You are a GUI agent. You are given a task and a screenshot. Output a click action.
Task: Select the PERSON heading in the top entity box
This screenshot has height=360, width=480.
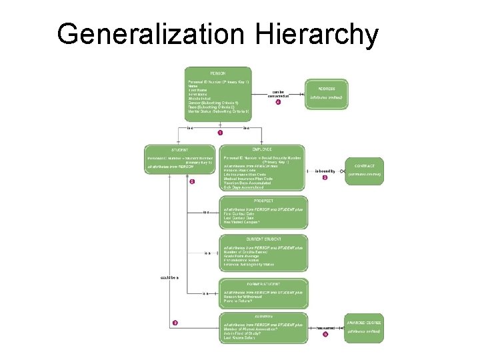[x=218, y=72]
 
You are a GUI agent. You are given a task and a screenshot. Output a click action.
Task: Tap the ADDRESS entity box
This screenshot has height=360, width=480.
[x=327, y=93]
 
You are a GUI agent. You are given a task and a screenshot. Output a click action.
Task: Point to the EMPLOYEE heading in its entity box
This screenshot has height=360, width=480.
[x=263, y=149]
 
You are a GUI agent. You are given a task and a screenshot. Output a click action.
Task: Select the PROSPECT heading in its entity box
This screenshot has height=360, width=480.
[x=263, y=201]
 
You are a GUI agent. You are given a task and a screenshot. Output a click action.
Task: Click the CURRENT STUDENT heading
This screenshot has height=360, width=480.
[x=263, y=239]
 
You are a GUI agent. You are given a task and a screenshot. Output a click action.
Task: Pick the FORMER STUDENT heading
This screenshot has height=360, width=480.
[x=263, y=284]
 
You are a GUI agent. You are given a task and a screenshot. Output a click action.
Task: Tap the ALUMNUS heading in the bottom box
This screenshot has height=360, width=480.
[x=263, y=317]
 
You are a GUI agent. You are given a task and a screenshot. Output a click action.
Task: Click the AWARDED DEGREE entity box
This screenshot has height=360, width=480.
[x=364, y=326]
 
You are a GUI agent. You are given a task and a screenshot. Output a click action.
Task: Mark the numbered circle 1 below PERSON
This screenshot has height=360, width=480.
[x=220, y=133]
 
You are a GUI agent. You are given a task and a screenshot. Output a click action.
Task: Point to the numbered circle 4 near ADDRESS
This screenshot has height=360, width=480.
[x=278, y=103]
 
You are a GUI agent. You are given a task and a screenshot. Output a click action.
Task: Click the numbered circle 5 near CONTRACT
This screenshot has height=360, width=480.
[x=325, y=178]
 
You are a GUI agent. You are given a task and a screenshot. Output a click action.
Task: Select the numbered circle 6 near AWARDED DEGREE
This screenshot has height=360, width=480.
[x=325, y=335]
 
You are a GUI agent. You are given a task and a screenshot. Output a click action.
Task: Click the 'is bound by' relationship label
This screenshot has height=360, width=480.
[x=325, y=171]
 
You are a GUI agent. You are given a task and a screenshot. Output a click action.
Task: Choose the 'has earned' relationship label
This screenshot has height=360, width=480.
[x=325, y=327]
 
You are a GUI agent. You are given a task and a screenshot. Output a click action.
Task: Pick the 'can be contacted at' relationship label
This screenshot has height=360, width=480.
[x=278, y=94]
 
